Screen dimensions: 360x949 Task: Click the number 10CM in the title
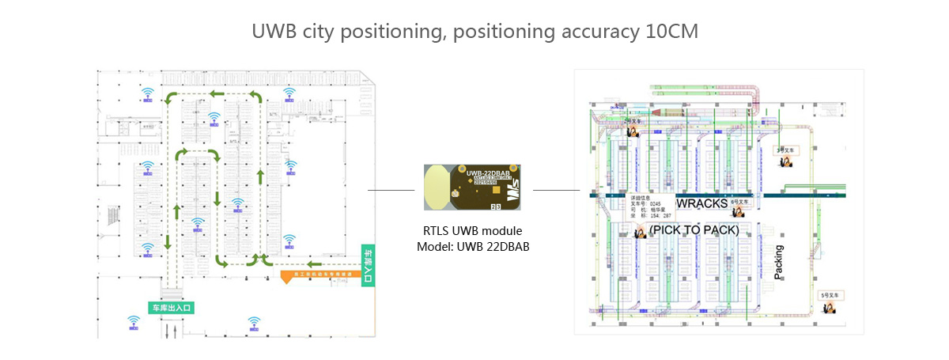670,32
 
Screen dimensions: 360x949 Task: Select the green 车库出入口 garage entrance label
172,306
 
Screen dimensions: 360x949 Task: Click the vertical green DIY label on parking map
366,264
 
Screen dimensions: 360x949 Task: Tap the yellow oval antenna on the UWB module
437,188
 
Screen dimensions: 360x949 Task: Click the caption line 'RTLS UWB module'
473,231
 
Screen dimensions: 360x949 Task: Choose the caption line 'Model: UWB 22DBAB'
473,247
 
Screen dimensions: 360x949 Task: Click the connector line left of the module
391,190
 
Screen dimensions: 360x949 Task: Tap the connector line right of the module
556,190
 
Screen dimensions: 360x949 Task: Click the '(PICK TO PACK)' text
694,230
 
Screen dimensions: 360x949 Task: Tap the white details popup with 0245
652,206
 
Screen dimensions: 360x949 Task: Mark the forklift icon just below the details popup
641,231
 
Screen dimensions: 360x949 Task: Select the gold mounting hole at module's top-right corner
515,169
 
